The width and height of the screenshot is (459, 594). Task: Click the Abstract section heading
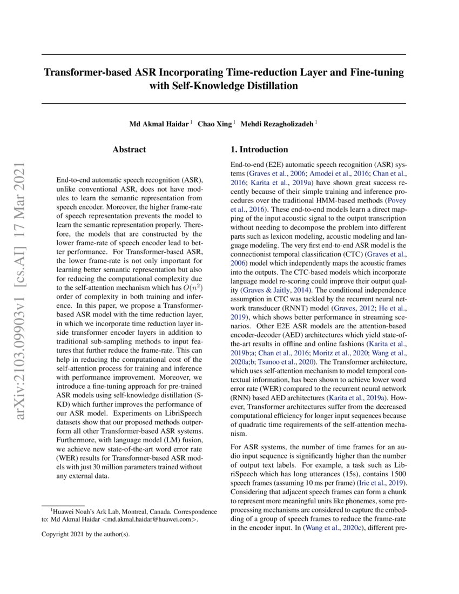pos(129,150)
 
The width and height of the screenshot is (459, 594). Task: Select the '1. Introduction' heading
pos(259,150)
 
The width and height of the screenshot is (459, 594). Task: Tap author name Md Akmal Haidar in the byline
pos(159,124)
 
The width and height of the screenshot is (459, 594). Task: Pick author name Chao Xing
pos(215,124)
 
